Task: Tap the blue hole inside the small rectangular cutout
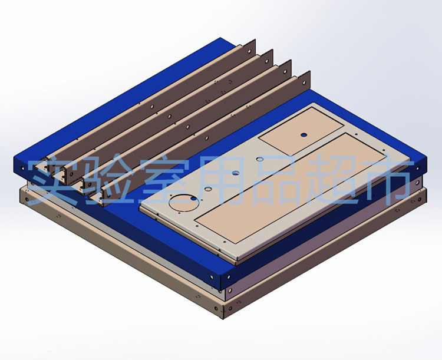[x=304, y=134]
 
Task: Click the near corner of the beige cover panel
[x=237, y=259]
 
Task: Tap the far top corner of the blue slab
[x=222, y=38]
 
